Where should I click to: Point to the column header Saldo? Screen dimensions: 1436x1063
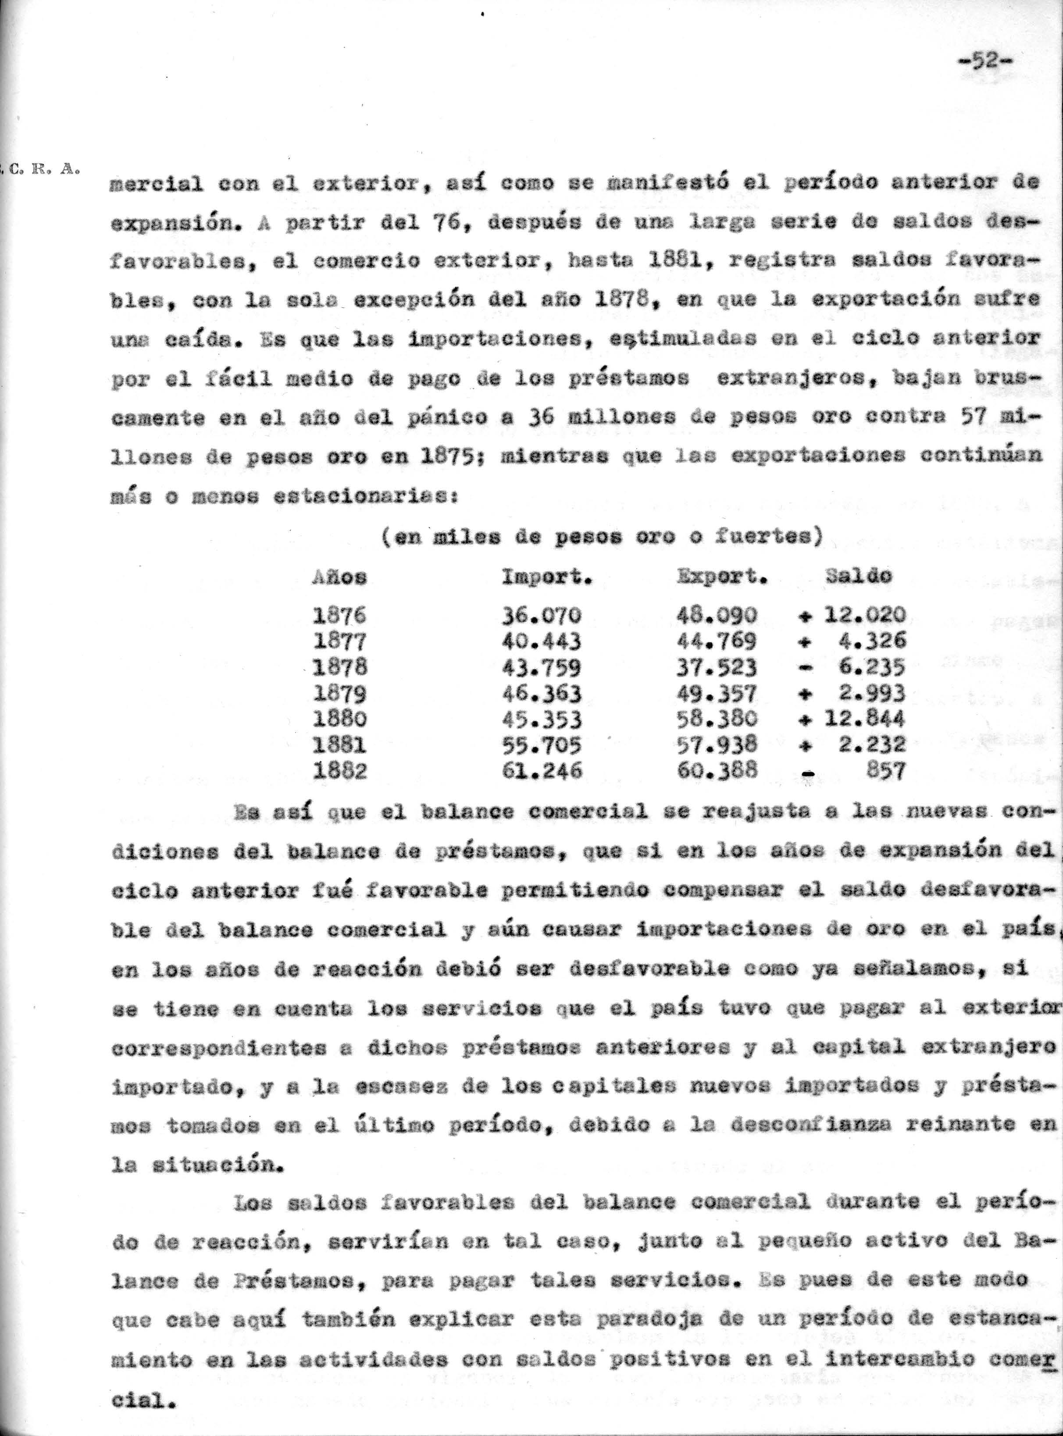(x=858, y=575)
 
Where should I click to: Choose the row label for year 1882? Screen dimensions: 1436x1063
(x=340, y=770)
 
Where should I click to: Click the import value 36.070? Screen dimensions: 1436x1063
(x=542, y=616)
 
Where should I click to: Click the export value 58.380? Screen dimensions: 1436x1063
(x=717, y=719)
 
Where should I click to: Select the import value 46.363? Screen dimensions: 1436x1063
(x=542, y=693)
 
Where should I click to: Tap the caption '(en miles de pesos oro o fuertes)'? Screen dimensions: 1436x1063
(x=602, y=537)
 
